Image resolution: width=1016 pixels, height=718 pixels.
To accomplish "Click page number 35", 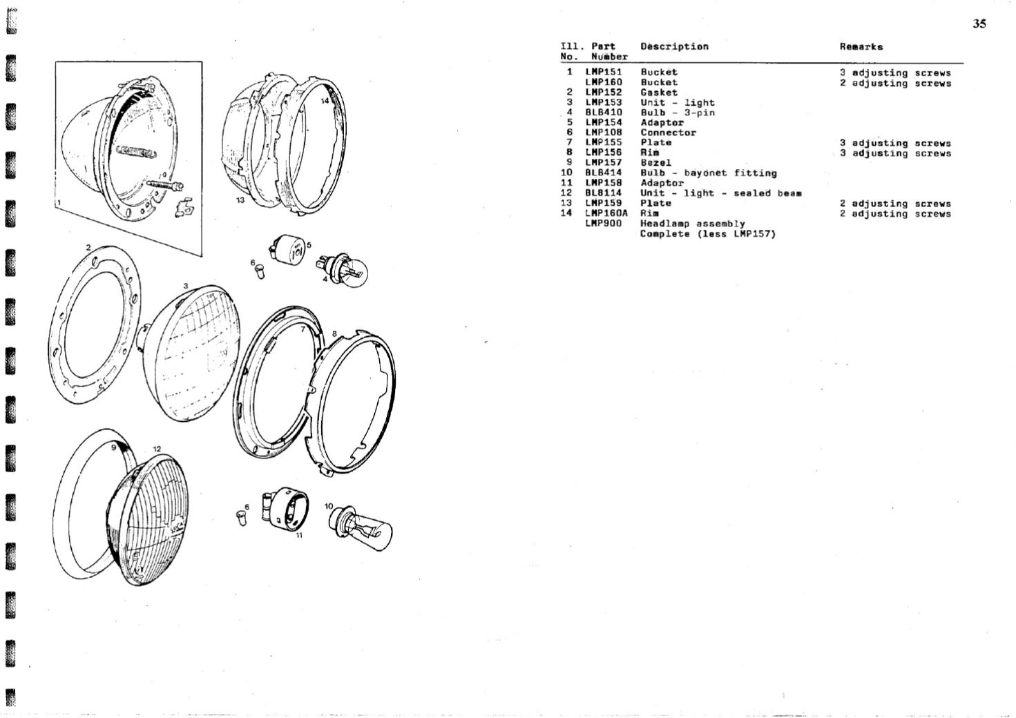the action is [979, 23].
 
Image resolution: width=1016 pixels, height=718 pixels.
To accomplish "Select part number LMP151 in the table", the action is [603, 72].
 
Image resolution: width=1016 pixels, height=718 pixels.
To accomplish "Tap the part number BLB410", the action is [603, 113].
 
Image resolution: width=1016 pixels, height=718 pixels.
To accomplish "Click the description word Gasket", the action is [659, 93].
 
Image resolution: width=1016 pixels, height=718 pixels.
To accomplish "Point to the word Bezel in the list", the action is [656, 163].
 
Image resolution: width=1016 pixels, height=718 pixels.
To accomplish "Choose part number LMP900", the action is [603, 224].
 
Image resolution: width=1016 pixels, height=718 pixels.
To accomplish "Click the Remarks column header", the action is [861, 47].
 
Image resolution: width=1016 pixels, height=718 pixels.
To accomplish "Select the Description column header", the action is [675, 46].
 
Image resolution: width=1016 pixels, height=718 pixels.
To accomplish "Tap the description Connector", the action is [668, 133].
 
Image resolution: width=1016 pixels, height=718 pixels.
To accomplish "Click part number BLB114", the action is [603, 193].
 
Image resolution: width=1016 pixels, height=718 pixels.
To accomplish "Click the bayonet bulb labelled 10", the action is [360, 527].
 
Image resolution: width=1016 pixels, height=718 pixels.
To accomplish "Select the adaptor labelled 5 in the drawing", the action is [287, 249].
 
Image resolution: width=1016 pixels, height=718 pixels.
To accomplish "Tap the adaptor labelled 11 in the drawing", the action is [285, 509].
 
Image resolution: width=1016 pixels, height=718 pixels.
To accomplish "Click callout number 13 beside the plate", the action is [240, 200].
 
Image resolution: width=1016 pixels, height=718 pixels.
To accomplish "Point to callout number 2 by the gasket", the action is [88, 247].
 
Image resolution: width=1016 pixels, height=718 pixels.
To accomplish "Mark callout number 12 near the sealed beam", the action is [157, 449].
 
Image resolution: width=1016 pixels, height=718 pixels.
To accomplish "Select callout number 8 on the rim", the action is [334, 333].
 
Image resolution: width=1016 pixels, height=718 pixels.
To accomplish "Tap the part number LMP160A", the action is [606, 213].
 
